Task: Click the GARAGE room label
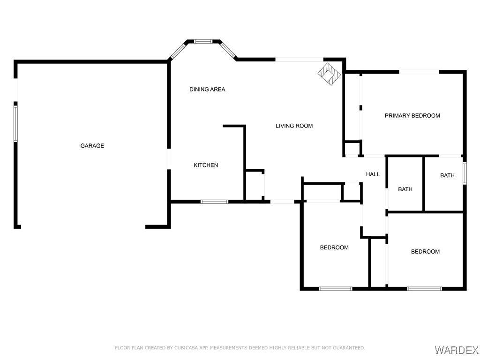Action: coord(92,146)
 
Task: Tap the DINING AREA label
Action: coord(207,90)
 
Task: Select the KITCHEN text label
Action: coord(206,165)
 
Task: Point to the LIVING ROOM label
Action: coord(294,126)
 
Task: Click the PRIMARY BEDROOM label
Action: coord(412,116)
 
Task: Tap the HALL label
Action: coord(373,174)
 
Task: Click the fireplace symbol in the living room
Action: coord(329,74)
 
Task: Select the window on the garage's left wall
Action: coord(15,124)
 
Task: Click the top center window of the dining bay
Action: coord(203,41)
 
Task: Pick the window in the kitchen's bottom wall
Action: coord(214,202)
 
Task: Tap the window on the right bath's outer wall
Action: coord(465,173)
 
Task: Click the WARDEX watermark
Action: coord(456,350)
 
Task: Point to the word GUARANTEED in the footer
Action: coord(350,348)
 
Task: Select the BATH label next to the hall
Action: coord(405,189)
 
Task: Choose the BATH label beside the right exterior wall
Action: coord(447,175)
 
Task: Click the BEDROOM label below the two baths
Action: coord(425,252)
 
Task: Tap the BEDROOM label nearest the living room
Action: coord(334,247)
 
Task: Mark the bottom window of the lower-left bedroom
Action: coord(336,289)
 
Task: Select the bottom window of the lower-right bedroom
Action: coord(424,289)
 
